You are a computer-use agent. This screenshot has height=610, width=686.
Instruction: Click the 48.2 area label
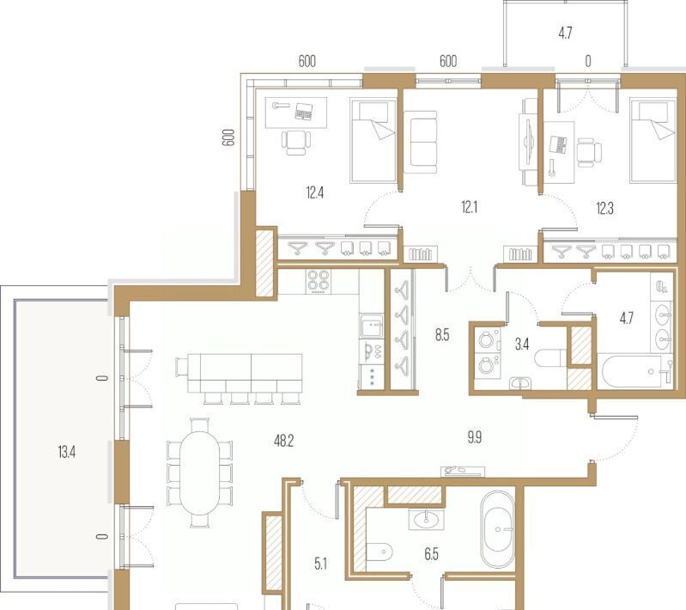click(283, 441)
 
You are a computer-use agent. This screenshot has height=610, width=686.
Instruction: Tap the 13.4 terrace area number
click(66, 451)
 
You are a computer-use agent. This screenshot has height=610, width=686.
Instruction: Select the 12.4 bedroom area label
click(315, 192)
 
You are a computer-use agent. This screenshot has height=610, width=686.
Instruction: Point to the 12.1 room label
click(470, 207)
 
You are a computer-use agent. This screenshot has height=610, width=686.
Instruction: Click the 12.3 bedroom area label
click(604, 209)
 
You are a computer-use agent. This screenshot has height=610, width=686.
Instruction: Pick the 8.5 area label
click(442, 335)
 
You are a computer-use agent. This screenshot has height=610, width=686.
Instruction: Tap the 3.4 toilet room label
click(522, 345)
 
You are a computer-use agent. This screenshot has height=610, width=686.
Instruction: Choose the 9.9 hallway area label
click(475, 437)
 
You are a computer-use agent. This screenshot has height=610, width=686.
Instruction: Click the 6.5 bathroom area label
click(431, 554)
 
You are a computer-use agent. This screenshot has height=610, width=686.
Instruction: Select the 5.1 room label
click(321, 564)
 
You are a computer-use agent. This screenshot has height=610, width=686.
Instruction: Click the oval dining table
click(199, 473)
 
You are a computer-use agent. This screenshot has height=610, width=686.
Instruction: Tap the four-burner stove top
click(318, 281)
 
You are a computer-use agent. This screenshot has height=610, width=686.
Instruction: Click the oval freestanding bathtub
click(498, 529)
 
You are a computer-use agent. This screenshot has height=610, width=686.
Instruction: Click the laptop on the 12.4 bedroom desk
click(304, 112)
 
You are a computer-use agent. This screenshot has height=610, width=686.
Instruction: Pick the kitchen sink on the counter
click(372, 326)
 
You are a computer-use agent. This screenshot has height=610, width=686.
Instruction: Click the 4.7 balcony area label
click(565, 34)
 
